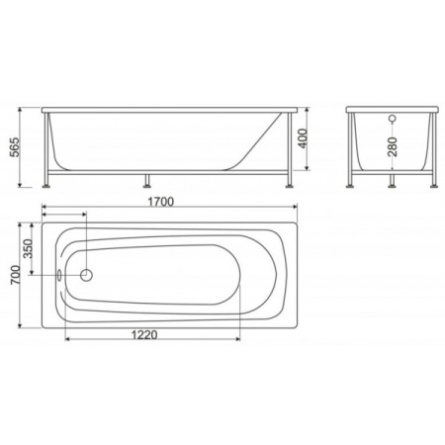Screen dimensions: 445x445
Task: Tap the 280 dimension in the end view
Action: click(395, 149)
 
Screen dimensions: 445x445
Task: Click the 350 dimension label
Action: click(28, 250)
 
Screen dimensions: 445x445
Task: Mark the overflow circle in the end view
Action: click(394, 120)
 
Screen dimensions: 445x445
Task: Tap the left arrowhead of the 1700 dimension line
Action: click(46, 211)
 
